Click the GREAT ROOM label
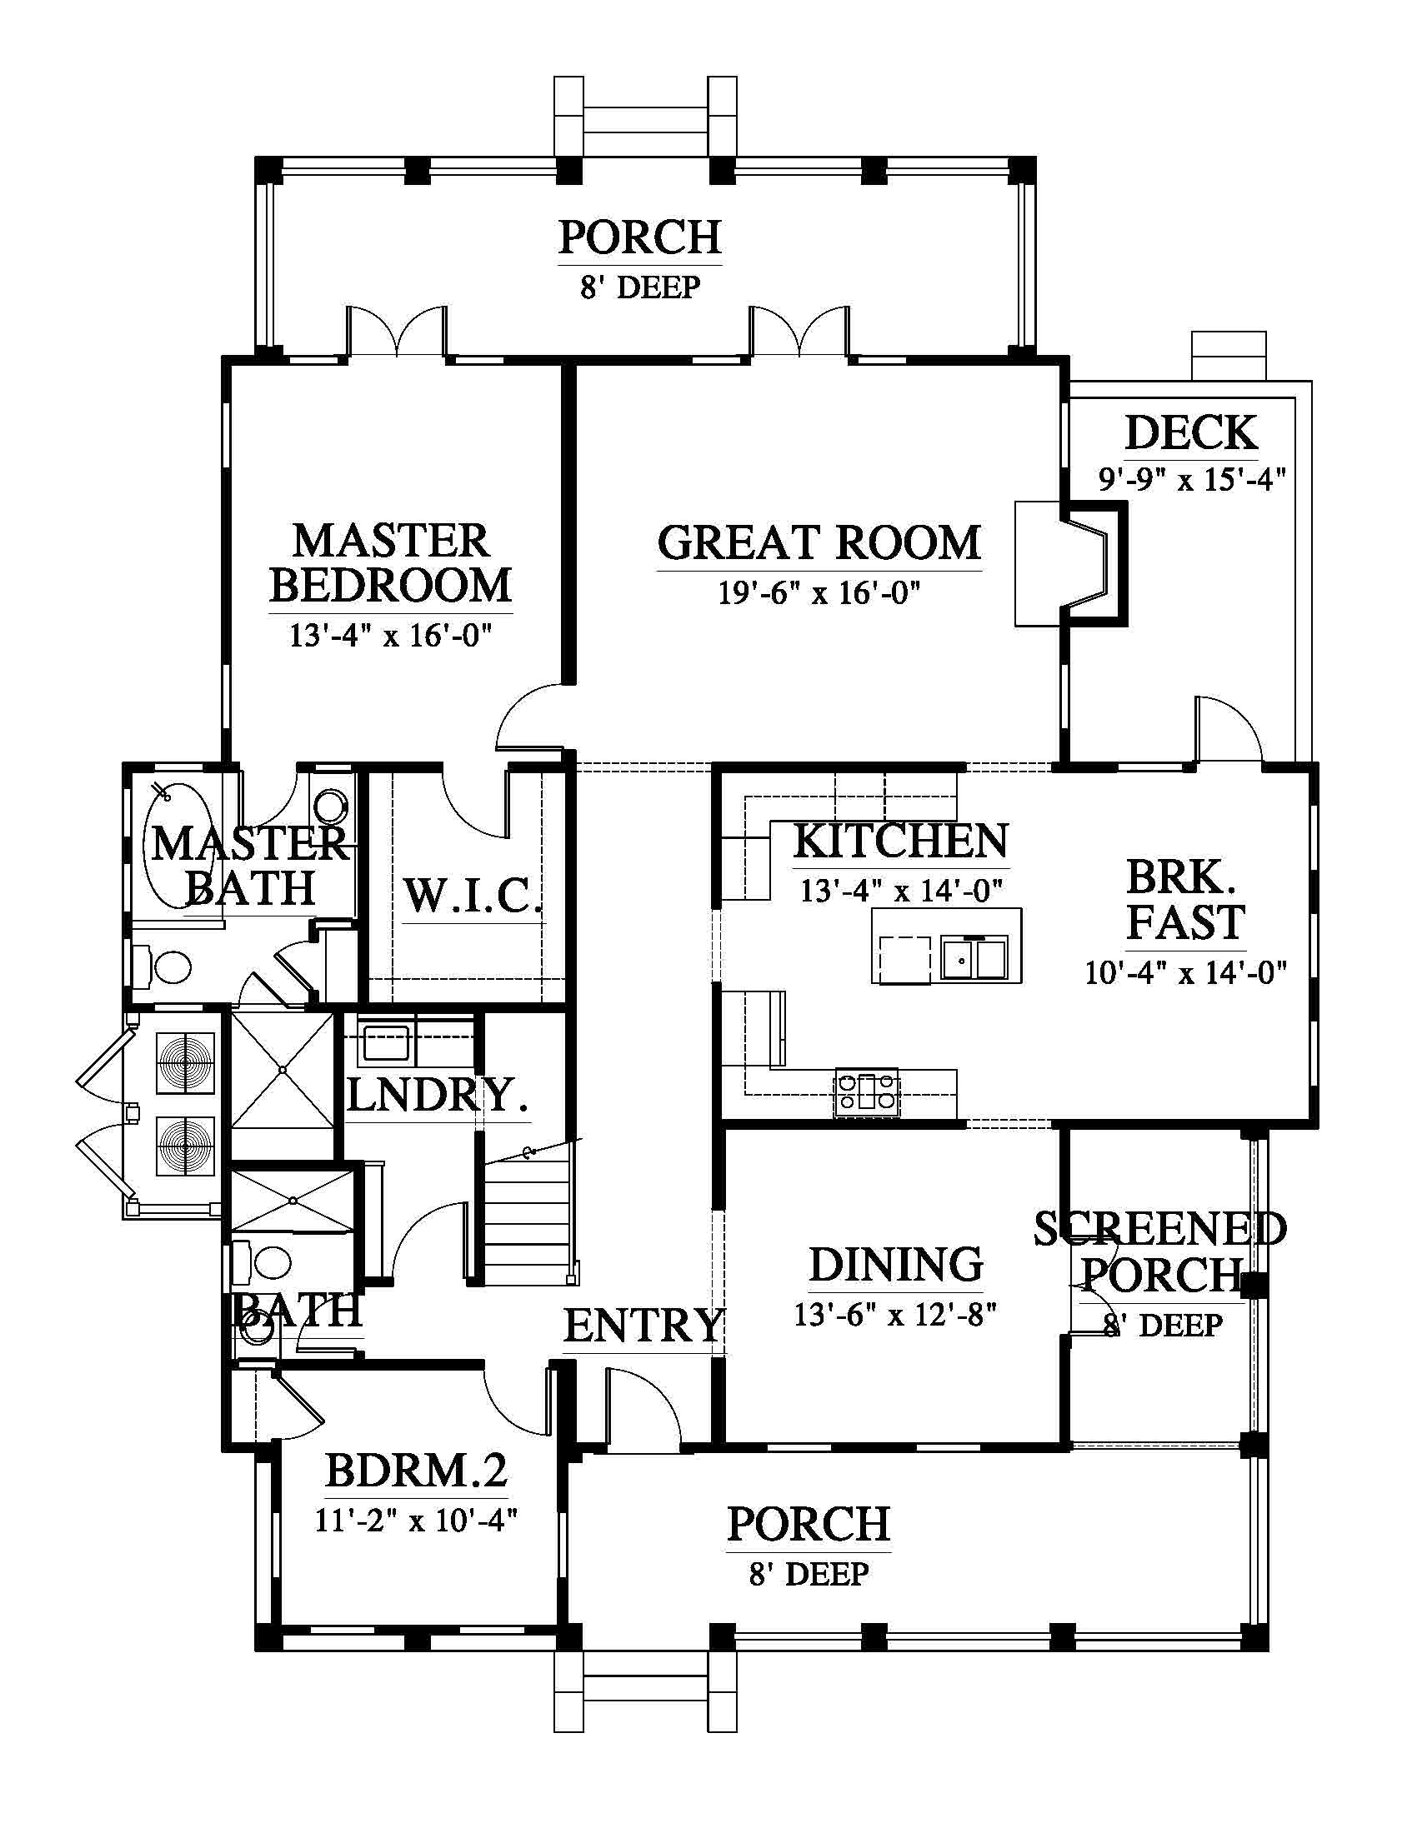[819, 543]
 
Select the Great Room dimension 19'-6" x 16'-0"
[819, 593]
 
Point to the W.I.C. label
[473, 896]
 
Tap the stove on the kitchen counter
[866, 1092]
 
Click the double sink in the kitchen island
[974, 956]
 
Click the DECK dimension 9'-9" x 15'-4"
[1192, 480]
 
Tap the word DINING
[896, 1265]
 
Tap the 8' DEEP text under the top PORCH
[639, 288]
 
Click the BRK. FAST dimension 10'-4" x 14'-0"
[1185, 972]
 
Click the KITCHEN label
[901, 842]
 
